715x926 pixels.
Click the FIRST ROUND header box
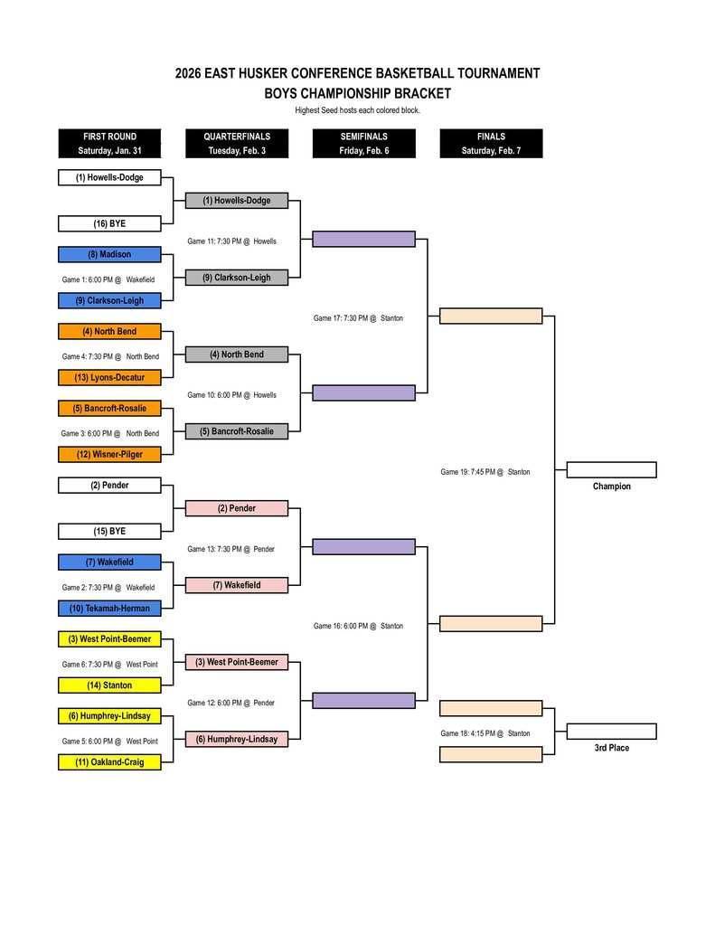109,144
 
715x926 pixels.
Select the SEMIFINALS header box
363,144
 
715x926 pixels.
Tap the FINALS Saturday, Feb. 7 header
491,144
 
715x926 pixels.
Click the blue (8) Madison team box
109,255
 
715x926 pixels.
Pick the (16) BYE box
109,223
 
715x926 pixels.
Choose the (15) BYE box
109,532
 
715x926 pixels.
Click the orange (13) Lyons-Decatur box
109,377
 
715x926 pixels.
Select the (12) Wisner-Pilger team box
109,454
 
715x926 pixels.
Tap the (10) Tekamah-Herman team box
109,609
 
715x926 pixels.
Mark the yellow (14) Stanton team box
109,685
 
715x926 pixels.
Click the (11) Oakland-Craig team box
109,762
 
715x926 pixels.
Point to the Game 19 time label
485,472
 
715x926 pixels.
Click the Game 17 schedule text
358,318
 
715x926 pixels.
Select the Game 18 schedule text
485,733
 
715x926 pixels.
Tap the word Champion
611,487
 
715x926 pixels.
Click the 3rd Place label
611,748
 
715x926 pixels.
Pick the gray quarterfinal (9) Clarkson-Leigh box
237,278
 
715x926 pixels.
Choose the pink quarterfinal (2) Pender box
237,508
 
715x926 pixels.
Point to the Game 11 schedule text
231,241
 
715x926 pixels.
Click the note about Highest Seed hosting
357,110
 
